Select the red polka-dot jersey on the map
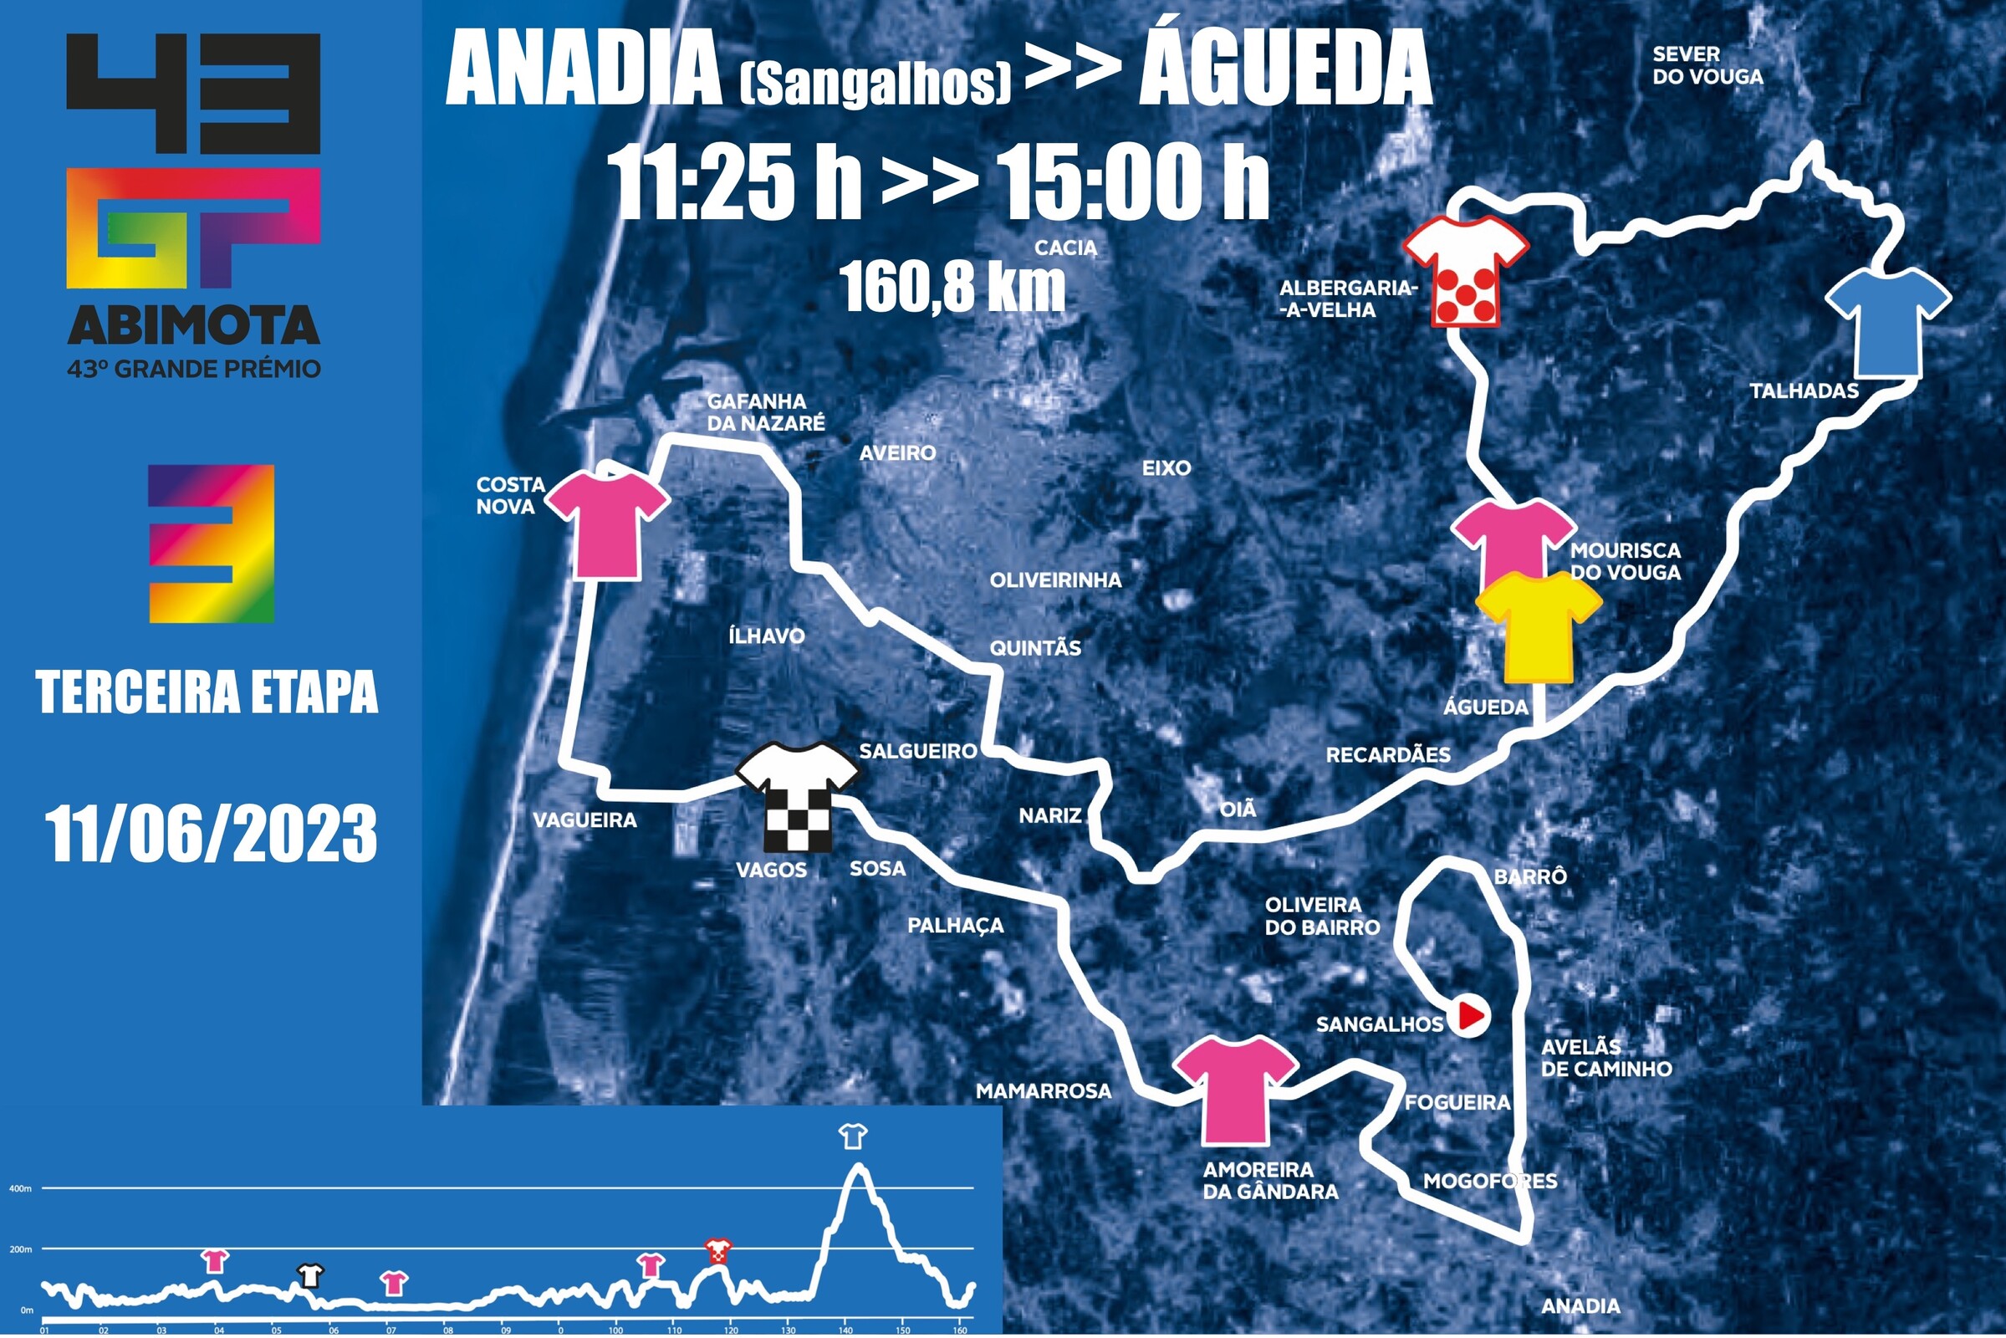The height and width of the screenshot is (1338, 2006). [1466, 271]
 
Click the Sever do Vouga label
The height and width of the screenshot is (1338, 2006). [1707, 66]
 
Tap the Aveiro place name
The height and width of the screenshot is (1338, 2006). [896, 453]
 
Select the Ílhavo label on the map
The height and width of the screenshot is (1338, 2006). [766, 636]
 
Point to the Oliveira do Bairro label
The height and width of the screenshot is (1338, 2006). [1322, 917]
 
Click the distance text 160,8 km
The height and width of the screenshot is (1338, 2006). [952, 287]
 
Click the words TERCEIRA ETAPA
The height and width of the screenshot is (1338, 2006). [207, 692]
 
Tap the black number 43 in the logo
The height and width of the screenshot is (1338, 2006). [194, 92]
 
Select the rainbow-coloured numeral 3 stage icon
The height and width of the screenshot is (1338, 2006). [212, 544]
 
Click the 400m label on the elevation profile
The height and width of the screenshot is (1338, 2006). [20, 1188]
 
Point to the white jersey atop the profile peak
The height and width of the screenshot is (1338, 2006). [852, 1136]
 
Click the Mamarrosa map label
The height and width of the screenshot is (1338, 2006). [1043, 1090]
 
